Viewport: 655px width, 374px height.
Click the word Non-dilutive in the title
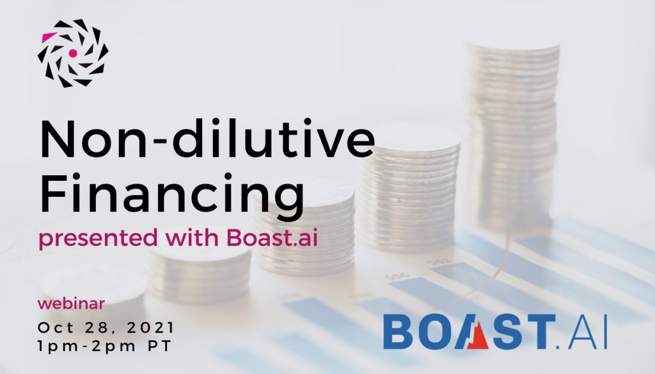(207, 138)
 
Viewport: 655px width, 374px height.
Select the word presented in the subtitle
(98, 238)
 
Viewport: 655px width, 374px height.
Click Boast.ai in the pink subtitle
(272, 237)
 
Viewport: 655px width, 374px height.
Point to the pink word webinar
(71, 304)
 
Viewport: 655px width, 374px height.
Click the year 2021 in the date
(150, 328)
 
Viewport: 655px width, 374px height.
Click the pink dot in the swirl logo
(73, 53)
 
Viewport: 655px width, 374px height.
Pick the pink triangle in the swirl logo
(49, 36)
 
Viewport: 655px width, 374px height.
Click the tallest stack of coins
(513, 134)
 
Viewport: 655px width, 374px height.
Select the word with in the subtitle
(192, 237)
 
